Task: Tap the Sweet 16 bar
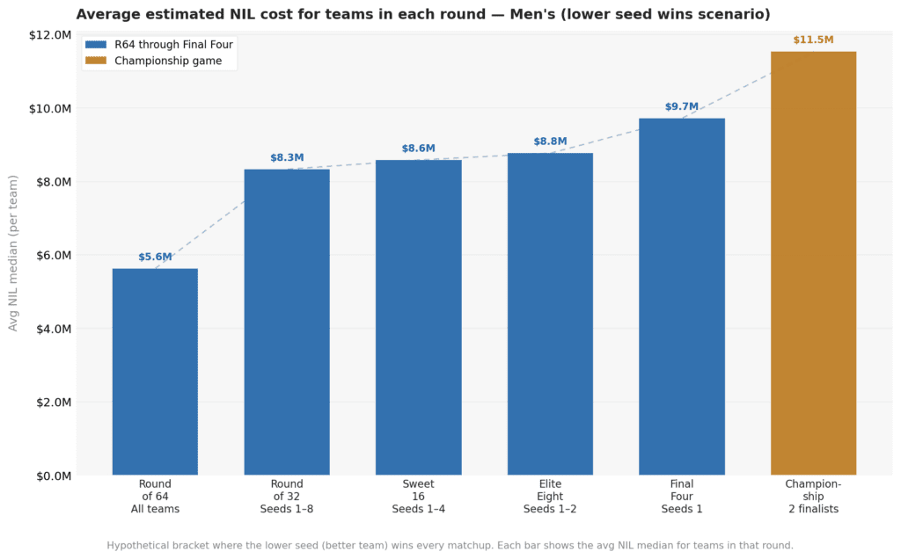click(x=418, y=317)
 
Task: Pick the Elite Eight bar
click(x=550, y=314)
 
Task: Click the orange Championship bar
click(x=813, y=263)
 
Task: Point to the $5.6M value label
click(x=155, y=258)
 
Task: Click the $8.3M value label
click(x=287, y=158)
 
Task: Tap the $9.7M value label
click(x=682, y=107)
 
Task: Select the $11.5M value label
click(x=813, y=40)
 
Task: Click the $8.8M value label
click(x=550, y=142)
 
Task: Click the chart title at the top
click(x=423, y=14)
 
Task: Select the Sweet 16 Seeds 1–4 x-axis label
click(x=418, y=497)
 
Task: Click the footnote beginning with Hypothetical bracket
click(x=450, y=545)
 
